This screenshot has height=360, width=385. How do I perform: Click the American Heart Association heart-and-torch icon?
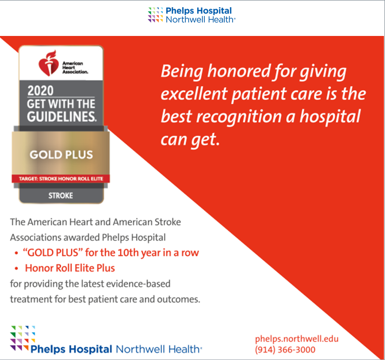coord(48,63)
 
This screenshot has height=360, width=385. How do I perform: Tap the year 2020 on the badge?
coord(40,90)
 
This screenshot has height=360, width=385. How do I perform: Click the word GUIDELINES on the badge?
coord(62,117)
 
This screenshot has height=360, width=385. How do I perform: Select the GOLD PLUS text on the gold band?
coord(62,155)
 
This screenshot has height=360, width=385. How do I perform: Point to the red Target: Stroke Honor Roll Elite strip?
coord(61,179)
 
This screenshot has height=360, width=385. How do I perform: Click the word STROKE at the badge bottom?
coord(61,196)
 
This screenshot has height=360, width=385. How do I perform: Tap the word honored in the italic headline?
coord(239,71)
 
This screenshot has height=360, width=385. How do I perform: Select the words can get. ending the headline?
coord(190,140)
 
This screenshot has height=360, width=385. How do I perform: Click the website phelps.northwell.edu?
coord(297,339)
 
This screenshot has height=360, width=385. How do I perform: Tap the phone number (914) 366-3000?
coord(285,350)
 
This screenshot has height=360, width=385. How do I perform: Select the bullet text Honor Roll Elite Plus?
coord(70,268)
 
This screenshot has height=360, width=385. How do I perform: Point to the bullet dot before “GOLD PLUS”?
coord(16,253)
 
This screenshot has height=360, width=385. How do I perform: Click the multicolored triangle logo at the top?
coord(155,15)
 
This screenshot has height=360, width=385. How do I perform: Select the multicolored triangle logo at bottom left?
coord(23,338)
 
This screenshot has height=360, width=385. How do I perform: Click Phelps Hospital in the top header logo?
coord(199,11)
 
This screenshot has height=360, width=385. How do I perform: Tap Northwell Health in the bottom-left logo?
coord(159,349)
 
